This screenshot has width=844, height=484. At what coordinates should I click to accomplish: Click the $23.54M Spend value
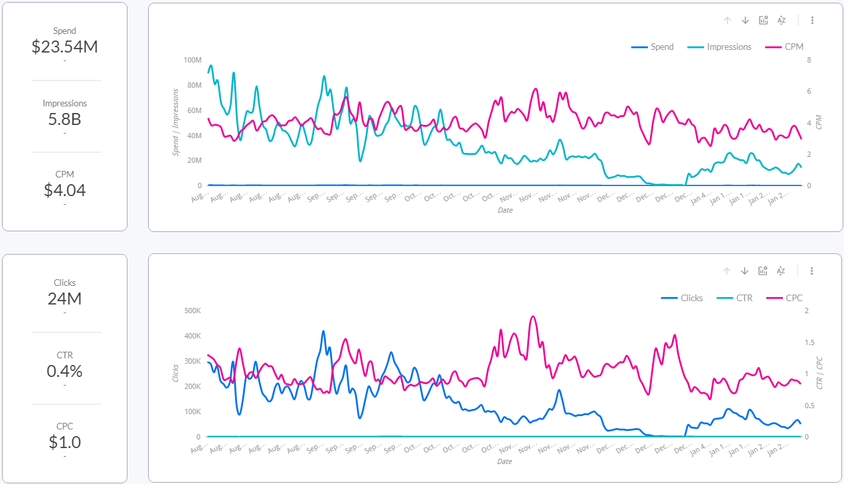point(64,47)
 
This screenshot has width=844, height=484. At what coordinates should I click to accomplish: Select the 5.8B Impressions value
point(64,120)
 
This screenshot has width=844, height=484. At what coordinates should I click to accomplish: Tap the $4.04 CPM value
point(64,190)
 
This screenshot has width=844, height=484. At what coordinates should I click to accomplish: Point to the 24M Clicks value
point(64,299)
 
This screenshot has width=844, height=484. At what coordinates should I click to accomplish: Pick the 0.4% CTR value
point(64,371)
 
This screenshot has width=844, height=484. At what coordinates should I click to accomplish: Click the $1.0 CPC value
point(64,442)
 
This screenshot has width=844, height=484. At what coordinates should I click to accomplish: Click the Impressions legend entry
point(728,47)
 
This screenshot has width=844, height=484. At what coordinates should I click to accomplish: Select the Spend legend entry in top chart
point(661,47)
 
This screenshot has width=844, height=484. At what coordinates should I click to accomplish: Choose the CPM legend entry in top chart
point(794,47)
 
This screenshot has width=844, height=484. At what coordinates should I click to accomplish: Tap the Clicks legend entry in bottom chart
point(691,298)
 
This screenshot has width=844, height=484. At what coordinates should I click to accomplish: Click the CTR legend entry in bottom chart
point(744,298)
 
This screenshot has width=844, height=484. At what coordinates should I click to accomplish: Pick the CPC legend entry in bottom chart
point(794,298)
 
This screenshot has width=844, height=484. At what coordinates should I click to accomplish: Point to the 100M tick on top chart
point(193,60)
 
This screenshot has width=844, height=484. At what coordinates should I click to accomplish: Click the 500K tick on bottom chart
point(192,310)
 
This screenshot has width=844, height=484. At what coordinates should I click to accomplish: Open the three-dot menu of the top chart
point(812,20)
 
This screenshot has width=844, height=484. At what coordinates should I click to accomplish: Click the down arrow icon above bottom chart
point(744,271)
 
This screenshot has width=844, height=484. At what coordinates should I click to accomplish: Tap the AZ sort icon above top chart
point(782,20)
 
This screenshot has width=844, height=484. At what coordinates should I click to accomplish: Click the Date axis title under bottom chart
point(505,461)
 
